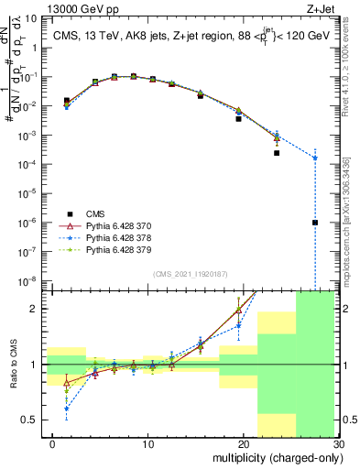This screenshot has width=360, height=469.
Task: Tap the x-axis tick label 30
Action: point(338,445)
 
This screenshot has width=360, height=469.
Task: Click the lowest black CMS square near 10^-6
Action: point(315,223)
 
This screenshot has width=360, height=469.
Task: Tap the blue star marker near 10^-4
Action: point(315,158)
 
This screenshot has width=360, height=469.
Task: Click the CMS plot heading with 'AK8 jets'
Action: point(191,37)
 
